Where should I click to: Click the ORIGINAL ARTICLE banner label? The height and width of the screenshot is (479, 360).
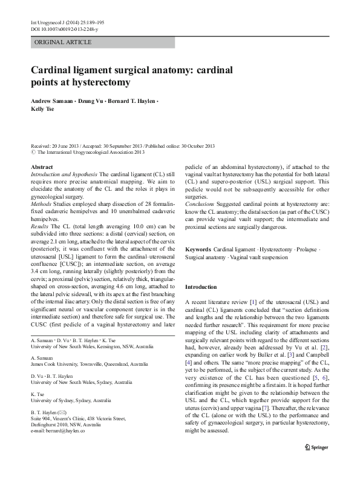pos(64,42)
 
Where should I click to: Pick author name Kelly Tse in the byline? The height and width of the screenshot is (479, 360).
pos(41,110)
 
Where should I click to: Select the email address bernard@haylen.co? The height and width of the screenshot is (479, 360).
pos(57,431)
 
